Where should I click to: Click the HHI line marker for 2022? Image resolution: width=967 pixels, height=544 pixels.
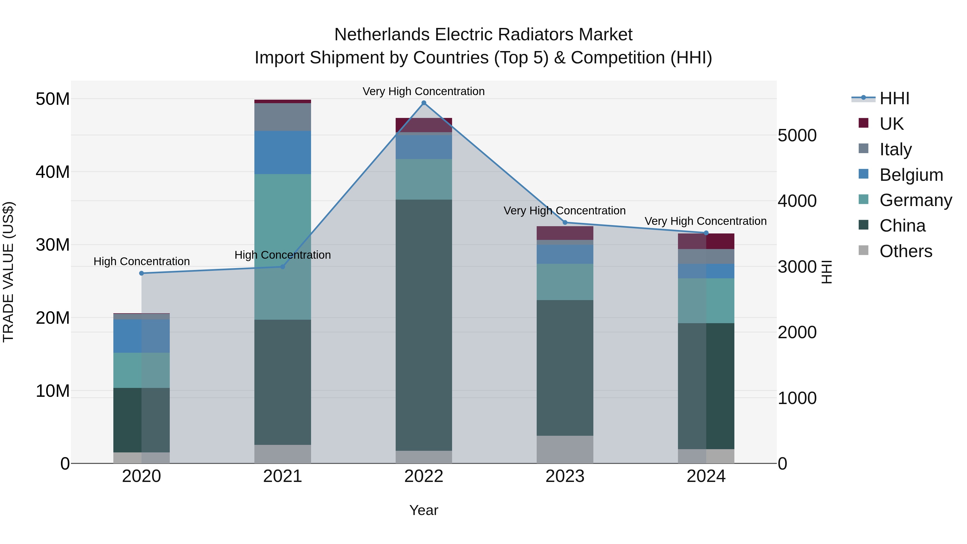point(424,103)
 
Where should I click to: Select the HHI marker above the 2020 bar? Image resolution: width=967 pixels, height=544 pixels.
point(142,273)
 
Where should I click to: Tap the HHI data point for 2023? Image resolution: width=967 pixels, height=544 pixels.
point(565,222)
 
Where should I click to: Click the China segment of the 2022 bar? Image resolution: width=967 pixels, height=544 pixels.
point(424,325)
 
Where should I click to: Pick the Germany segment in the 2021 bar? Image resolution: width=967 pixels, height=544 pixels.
point(283,246)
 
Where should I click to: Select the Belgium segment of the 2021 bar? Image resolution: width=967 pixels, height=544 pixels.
point(283,152)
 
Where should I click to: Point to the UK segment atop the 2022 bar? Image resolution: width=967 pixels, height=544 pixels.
point(424,125)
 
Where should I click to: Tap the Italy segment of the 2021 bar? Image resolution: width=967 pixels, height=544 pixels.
point(283,117)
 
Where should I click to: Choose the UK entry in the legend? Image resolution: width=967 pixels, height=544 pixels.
point(891,124)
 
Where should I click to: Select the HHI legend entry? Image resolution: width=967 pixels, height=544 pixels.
point(894,98)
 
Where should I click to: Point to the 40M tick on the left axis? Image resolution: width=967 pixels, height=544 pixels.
point(53,172)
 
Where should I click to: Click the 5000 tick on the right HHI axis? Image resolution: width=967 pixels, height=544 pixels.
point(797,136)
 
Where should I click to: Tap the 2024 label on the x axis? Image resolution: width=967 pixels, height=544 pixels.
point(706,476)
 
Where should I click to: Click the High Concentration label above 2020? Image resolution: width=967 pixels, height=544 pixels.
point(142,261)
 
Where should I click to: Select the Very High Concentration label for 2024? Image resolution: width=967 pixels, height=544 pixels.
point(705,221)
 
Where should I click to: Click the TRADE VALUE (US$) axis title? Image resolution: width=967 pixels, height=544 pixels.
point(8,272)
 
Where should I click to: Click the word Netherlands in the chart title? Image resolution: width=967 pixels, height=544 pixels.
point(381,35)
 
